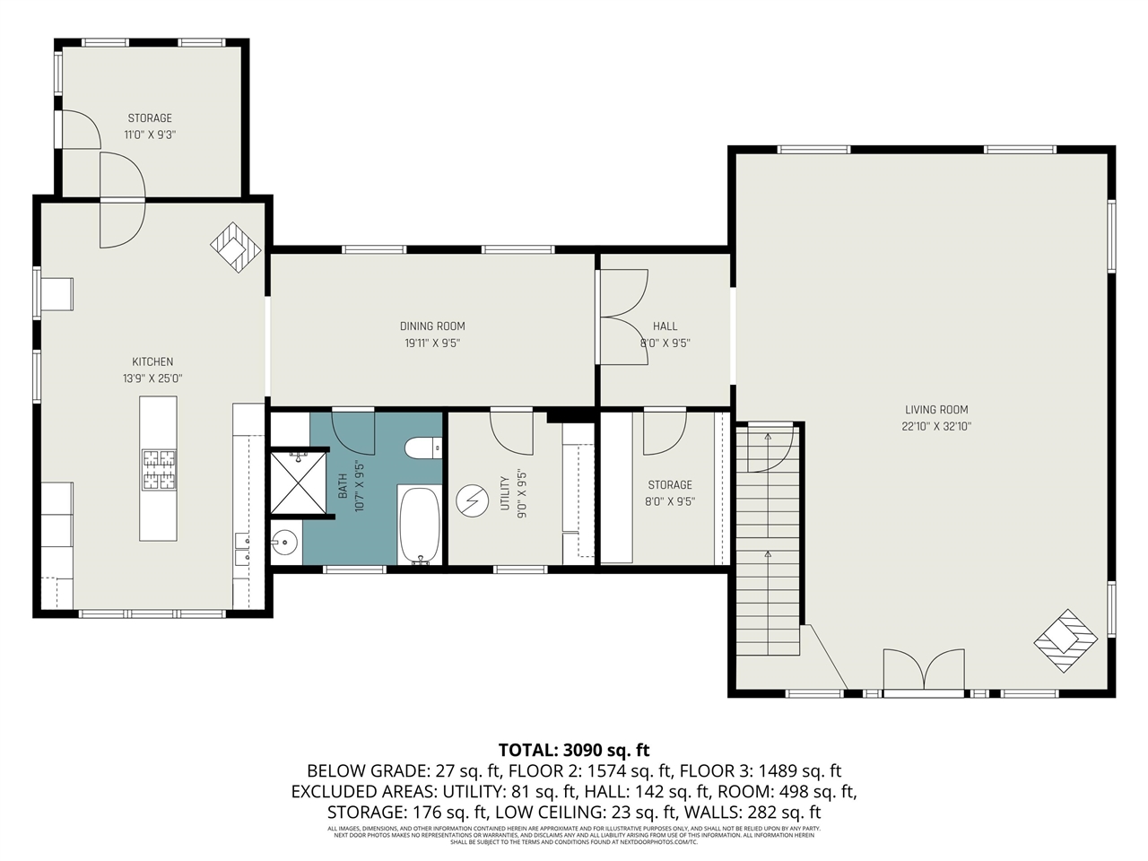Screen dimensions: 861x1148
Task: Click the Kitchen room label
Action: [x=152, y=361]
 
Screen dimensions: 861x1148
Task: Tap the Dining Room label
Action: [x=432, y=326]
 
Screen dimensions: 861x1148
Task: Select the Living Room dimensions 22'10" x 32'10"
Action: [x=936, y=426]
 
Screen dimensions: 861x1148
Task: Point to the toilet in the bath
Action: [x=422, y=447]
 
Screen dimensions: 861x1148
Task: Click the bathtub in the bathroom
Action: [x=419, y=525]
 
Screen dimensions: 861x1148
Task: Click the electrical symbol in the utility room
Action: [x=469, y=500]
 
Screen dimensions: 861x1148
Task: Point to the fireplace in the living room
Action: [x=1066, y=640]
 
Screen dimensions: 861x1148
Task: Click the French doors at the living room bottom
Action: [x=924, y=673]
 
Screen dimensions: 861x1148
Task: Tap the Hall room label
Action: [x=665, y=326]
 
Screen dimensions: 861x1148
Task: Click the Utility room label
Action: [x=505, y=493]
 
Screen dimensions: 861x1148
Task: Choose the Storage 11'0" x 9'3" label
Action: [x=150, y=117]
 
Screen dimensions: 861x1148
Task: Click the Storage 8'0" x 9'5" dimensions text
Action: [x=670, y=501]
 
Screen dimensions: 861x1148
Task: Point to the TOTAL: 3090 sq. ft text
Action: [x=574, y=750]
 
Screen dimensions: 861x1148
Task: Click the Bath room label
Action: [x=343, y=486]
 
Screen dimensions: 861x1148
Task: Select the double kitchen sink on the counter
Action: [x=242, y=549]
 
